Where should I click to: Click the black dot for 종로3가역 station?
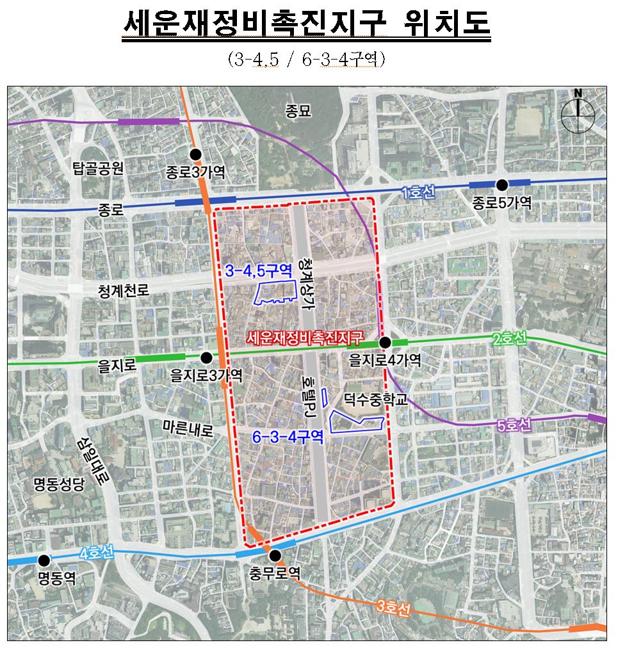pos(196,154)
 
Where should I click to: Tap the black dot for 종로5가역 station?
pos(502,184)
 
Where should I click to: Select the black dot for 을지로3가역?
pos(206,358)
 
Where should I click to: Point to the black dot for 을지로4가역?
pos(385,343)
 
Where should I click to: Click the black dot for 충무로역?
pos(275,555)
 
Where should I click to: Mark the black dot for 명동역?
pos(44,560)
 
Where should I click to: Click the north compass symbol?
pos(578,114)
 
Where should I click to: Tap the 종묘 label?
pos(298,111)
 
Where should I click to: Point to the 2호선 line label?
pos(509,339)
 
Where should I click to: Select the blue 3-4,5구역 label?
pos(259,270)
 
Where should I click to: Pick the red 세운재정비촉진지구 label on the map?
pos(304,336)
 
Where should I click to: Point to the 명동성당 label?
pos(59,484)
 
